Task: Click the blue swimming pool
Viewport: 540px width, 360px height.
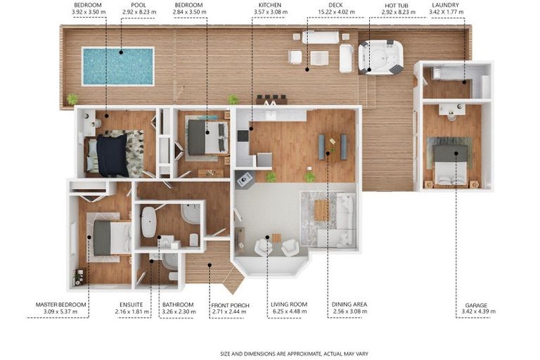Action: point(118,66)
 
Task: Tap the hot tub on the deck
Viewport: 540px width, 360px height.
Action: point(380,57)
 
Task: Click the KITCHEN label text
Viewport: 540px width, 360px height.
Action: point(270,5)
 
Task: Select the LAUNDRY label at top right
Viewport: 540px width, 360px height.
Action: point(445,5)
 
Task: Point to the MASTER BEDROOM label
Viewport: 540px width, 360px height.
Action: point(61,304)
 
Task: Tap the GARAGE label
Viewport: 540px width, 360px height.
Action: point(476,305)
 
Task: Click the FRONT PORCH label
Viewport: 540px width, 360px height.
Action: point(230,305)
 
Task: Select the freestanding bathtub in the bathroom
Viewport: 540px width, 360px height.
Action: point(149,222)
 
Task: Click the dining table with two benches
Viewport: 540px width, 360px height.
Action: point(333,147)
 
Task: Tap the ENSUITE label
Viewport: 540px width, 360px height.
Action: point(131,304)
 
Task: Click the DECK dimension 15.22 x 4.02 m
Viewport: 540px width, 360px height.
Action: point(336,12)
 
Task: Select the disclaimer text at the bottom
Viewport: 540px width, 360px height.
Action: point(294,354)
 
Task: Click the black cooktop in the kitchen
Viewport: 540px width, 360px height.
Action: point(243,136)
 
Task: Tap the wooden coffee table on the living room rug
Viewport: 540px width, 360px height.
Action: point(321,210)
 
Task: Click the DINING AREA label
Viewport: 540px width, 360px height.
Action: point(349,304)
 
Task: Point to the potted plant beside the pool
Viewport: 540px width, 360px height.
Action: point(72,100)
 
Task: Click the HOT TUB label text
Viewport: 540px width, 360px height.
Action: point(397,6)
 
